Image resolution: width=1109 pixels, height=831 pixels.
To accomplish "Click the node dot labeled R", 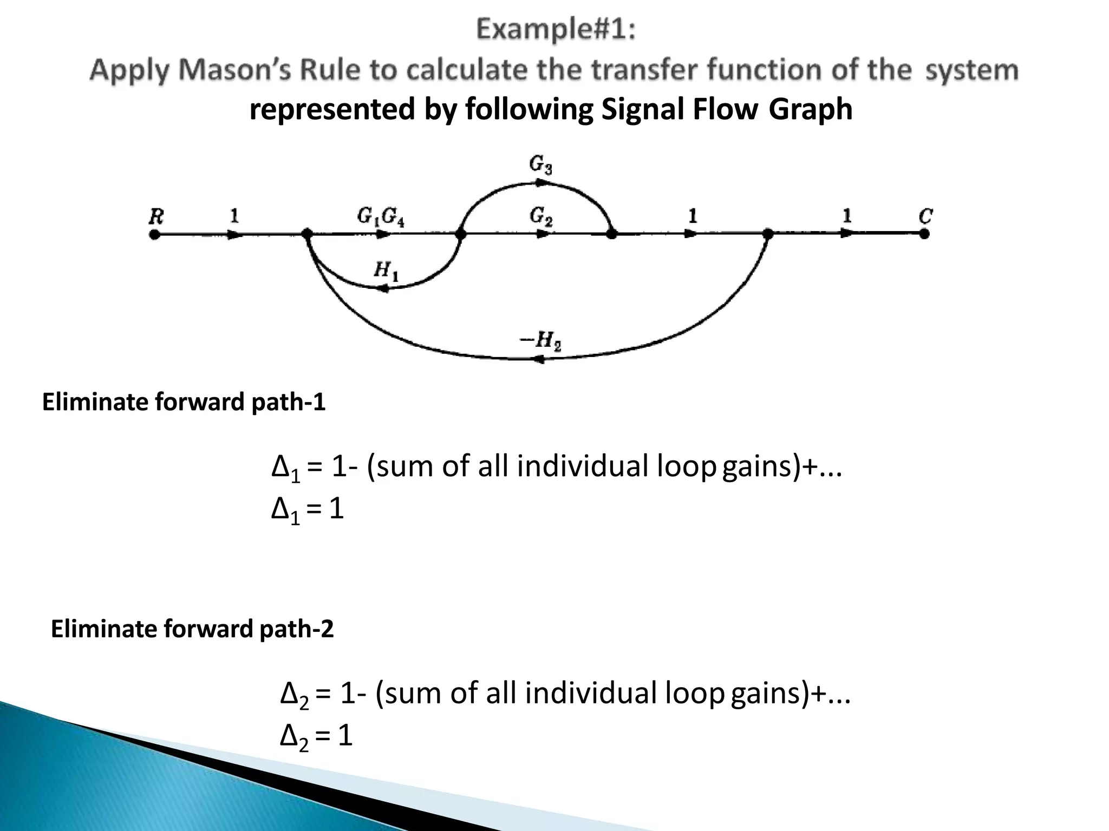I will [x=155, y=234].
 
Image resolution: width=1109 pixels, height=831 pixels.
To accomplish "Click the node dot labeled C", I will [x=924, y=234].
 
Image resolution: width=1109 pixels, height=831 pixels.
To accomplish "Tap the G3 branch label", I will [x=540, y=164].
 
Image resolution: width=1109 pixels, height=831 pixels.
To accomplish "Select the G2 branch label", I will [x=541, y=217].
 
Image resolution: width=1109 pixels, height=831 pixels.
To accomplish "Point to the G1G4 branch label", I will [x=381, y=217].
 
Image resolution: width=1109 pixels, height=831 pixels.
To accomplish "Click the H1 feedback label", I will [x=386, y=271].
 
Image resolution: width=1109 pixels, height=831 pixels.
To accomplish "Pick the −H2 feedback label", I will [x=540, y=341].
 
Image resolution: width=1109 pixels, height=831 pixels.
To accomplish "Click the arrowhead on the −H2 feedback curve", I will [x=538, y=359].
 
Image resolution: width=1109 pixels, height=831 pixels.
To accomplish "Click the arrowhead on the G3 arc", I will [x=540, y=183].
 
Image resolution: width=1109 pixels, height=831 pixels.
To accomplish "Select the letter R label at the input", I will [x=156, y=217].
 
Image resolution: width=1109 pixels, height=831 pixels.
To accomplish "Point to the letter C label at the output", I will [x=925, y=217].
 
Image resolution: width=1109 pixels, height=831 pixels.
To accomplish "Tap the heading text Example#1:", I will [x=556, y=30].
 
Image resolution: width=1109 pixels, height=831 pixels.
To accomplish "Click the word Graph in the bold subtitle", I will [x=810, y=109].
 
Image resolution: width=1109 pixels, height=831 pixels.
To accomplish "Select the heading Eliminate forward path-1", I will [x=184, y=403].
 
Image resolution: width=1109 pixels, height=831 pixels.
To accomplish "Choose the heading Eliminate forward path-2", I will [x=192, y=629].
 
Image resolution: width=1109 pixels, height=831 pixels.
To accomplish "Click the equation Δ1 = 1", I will [x=307, y=510].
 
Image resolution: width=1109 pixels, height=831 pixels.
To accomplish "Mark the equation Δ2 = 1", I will [x=316, y=736].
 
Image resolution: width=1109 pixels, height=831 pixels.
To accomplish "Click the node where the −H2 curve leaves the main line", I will [x=768, y=234].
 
